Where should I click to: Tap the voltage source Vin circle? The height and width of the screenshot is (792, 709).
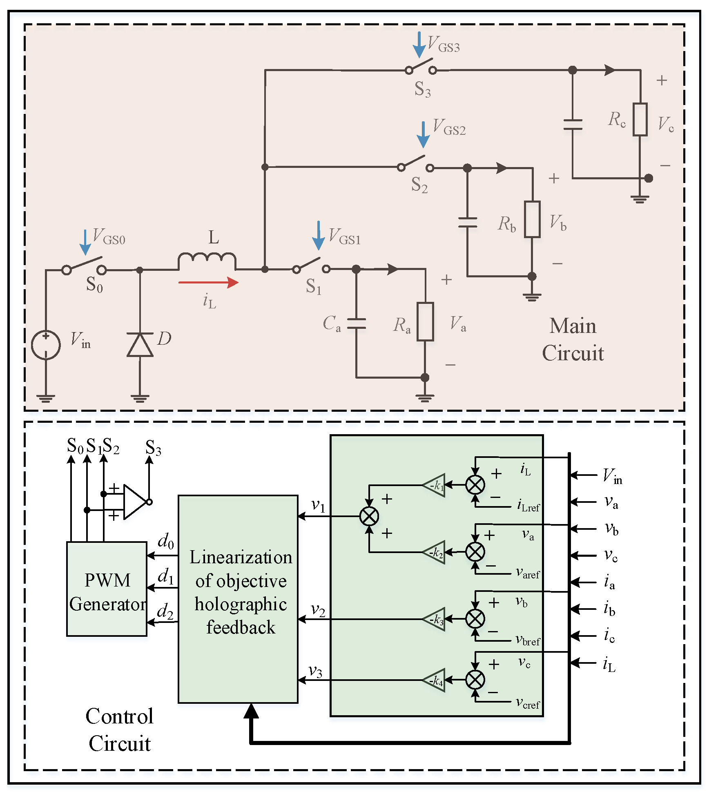[46, 345]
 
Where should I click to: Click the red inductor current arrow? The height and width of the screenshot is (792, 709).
[208, 282]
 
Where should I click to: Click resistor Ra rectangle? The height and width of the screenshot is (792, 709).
[425, 322]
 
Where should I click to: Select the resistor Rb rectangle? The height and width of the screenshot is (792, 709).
[532, 219]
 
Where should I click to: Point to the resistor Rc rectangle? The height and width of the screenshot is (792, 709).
[640, 120]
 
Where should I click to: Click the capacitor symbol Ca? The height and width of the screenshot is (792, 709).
[356, 323]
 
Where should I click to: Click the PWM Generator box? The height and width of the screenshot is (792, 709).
[107, 589]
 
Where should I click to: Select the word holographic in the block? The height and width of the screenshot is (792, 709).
[241, 604]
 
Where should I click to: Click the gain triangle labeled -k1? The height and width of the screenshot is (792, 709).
[435, 485]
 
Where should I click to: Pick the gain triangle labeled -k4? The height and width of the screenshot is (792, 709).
[435, 680]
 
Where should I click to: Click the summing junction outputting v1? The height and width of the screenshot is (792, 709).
[369, 516]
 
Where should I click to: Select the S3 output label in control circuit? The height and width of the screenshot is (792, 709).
[153, 448]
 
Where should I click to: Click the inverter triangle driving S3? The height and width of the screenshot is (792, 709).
[134, 502]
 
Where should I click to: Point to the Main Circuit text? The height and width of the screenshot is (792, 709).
[573, 339]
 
